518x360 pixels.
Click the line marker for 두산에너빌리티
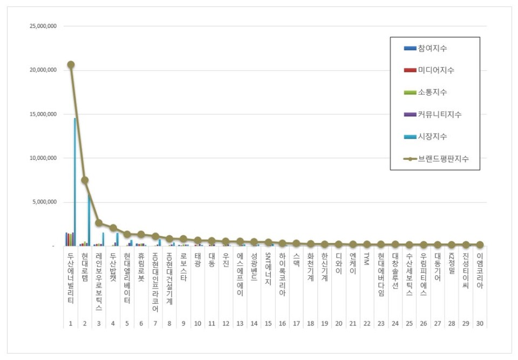pos(71,65)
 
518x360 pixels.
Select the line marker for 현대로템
pos(85,180)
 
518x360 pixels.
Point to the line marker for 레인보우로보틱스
pos(99,223)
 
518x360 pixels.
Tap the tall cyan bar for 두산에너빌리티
pos(75,182)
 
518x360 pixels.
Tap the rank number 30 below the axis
pos(479,323)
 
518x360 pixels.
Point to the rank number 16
pos(282,323)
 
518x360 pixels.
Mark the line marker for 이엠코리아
pos(479,245)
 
